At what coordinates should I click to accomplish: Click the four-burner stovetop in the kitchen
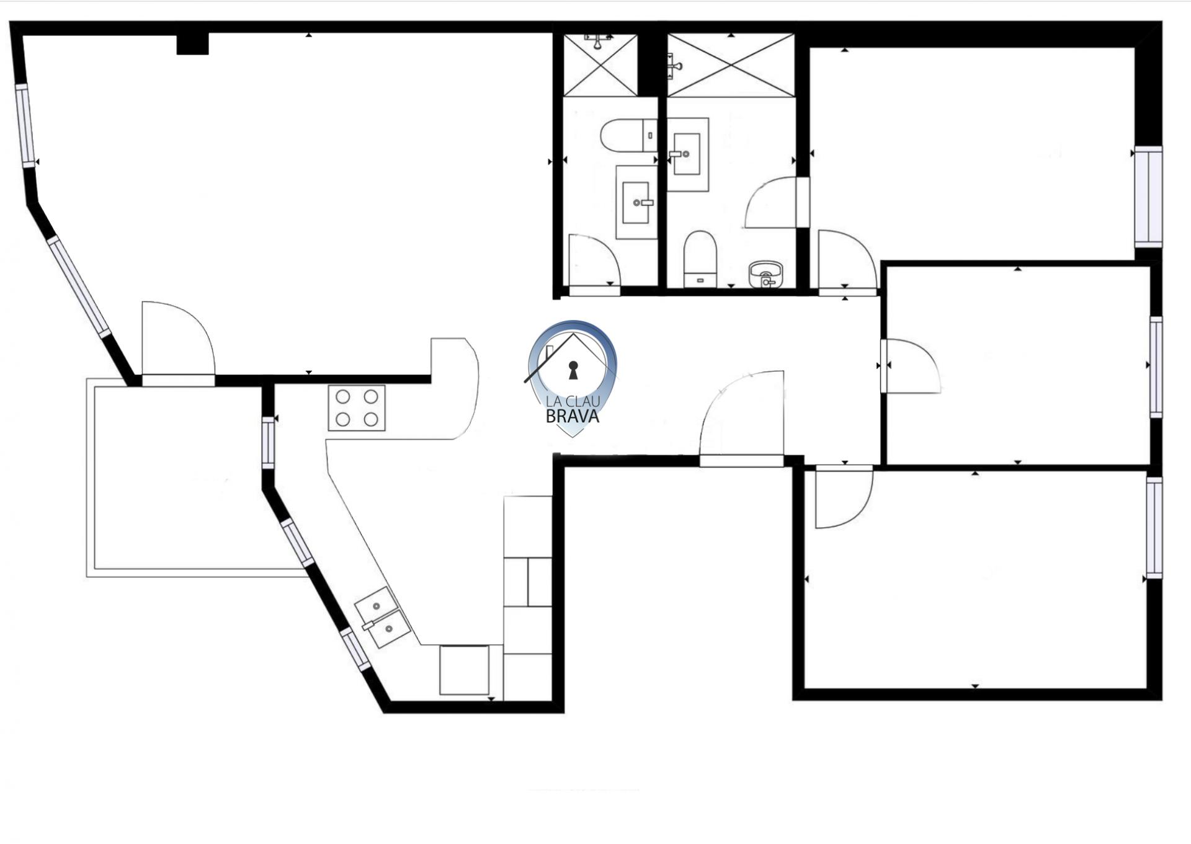click(x=357, y=407)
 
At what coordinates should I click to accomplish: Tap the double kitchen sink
click(x=382, y=618)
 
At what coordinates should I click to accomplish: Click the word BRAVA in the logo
click(x=572, y=417)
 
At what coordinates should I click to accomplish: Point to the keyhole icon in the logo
click(x=573, y=370)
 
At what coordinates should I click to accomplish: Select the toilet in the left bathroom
click(x=628, y=135)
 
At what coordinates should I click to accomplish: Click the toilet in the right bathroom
click(x=700, y=259)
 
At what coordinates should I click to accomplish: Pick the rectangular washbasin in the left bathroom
click(x=636, y=202)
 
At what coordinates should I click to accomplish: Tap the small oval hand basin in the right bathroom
click(x=766, y=275)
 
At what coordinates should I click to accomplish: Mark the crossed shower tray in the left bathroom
click(x=600, y=65)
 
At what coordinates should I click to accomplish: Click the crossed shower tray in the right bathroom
click(x=731, y=65)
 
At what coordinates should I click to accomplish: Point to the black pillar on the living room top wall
click(x=192, y=43)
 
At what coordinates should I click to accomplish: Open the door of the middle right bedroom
click(x=911, y=366)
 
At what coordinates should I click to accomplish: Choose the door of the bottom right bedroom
click(x=844, y=496)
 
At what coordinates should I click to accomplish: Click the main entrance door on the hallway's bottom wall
click(x=742, y=419)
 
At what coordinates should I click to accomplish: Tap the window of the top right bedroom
click(x=1148, y=197)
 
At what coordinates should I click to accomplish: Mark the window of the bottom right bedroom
click(x=1154, y=528)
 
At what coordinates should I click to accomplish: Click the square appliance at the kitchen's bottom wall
click(x=464, y=670)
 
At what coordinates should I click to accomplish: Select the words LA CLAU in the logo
click(x=573, y=401)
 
